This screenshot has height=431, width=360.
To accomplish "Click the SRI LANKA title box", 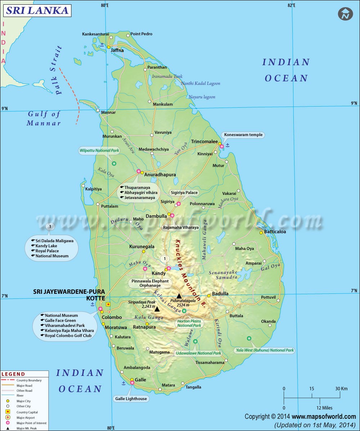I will (x=37, y=10).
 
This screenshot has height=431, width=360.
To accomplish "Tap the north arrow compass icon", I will (x=345, y=14).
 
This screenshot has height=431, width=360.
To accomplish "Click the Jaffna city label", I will (x=117, y=50).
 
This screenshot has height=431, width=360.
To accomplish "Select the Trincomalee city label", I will (x=204, y=142).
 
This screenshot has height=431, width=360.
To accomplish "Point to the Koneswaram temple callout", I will (x=243, y=135).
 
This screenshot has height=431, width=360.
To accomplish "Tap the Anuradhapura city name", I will (x=160, y=175).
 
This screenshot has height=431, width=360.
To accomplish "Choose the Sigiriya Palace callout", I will (x=184, y=193).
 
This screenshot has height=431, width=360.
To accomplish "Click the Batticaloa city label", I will (x=275, y=232).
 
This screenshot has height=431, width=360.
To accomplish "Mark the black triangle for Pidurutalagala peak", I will (x=179, y=296).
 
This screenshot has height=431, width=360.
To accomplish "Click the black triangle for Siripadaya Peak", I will (x=157, y=309).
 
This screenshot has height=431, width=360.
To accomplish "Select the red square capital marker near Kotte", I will (x=108, y=304).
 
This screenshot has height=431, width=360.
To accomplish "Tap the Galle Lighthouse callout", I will (x=131, y=399).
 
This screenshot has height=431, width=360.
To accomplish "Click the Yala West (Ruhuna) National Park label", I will (x=265, y=350).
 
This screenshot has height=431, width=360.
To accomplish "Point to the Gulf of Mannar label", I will (x=44, y=119).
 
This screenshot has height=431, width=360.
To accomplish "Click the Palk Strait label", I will (x=59, y=70).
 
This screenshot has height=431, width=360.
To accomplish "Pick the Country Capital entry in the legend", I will (x=27, y=412).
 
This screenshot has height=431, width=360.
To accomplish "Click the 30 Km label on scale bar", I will (x=341, y=389).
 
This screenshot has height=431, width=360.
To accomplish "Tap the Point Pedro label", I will (x=141, y=34).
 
